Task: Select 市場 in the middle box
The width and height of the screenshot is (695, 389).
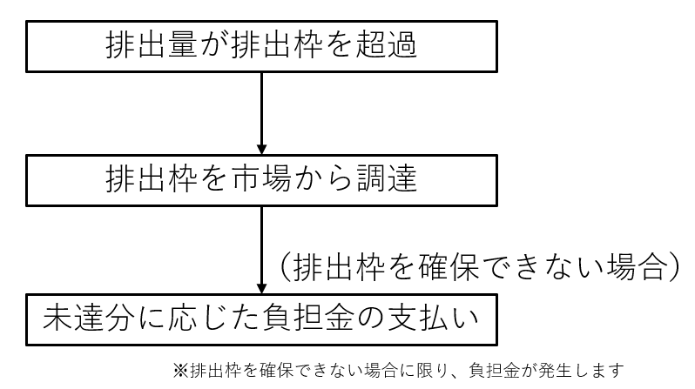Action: (x=267, y=179)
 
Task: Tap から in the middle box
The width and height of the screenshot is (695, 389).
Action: (x=328, y=179)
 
